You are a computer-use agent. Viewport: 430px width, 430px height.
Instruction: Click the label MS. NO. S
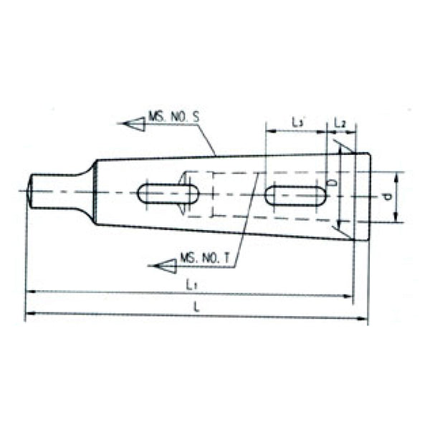point(173,115)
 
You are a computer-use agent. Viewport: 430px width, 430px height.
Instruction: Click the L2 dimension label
point(340,123)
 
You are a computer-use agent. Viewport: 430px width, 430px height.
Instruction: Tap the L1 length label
point(191,284)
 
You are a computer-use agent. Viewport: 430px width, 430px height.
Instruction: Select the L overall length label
point(196,307)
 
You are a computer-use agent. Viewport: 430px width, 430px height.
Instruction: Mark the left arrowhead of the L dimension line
point(29,314)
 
